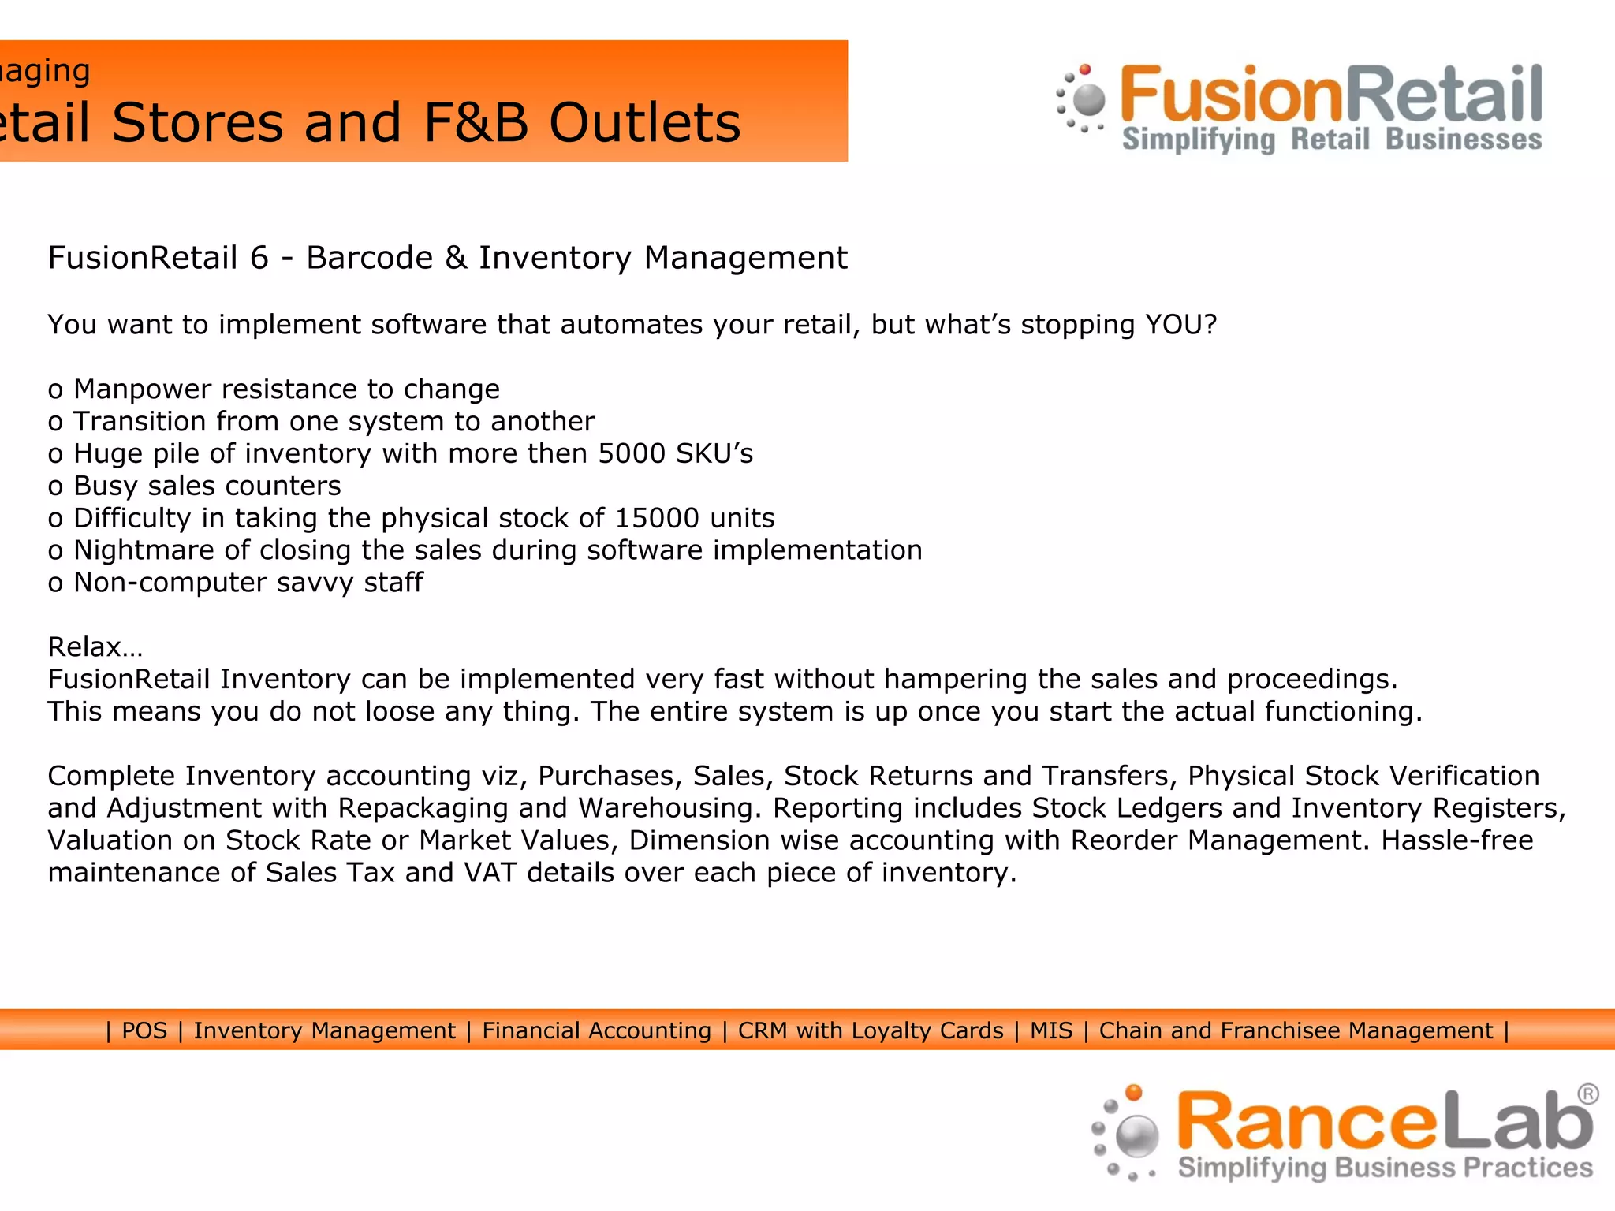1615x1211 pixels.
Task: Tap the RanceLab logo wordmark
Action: click(x=1385, y=1120)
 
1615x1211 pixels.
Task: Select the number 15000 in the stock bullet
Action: click(x=658, y=519)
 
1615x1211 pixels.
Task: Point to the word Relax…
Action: click(x=95, y=647)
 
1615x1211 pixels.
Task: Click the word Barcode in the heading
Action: click(x=369, y=259)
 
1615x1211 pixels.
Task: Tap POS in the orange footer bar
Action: click(x=144, y=1030)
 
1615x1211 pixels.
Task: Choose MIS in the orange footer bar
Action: click(x=1051, y=1030)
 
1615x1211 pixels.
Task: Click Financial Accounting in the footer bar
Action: click(x=596, y=1030)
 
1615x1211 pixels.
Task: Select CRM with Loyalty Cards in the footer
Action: click(x=871, y=1030)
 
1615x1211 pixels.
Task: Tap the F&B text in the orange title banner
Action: click(x=476, y=123)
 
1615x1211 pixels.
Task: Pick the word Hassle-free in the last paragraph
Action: click(x=1456, y=840)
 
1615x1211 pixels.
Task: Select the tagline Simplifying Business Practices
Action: click(x=1385, y=1168)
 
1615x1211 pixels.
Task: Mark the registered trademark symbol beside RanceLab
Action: click(x=1588, y=1094)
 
